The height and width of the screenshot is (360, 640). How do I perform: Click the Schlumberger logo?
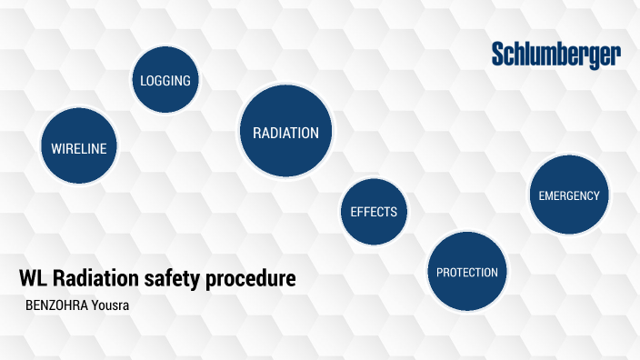[x=556, y=55]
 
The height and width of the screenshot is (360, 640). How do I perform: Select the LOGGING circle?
[x=165, y=80]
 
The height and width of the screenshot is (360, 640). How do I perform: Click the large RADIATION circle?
[x=285, y=132]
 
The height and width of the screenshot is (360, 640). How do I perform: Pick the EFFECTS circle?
[x=374, y=212]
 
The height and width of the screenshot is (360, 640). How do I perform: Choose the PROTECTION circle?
[x=466, y=271]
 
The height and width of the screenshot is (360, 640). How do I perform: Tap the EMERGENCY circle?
[x=568, y=195]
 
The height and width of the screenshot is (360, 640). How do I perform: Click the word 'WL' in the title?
[x=33, y=279]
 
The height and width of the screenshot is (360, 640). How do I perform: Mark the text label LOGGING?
[x=165, y=80]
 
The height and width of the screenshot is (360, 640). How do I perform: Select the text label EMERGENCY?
[x=568, y=195]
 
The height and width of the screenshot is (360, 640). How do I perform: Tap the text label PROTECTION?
[x=466, y=272]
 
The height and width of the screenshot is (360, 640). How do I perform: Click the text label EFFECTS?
[x=374, y=212]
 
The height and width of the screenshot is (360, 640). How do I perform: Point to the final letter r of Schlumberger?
[x=616, y=56]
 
